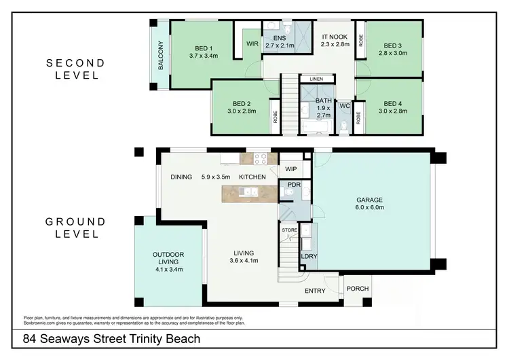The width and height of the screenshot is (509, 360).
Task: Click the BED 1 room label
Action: coord(202,49)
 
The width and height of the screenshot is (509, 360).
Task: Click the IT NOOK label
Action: coord(334,37)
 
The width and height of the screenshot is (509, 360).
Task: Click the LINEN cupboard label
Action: coord(316,79)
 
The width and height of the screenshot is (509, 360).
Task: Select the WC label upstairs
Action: coord(344,106)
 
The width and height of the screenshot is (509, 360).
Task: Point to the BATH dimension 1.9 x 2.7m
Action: coord(324,111)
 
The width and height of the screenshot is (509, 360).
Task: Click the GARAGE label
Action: coord(370,200)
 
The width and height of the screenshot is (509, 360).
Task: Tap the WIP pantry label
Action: coord(291,168)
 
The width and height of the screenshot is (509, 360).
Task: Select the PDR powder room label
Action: coord(294,185)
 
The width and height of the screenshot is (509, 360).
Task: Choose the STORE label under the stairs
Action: coord(290,231)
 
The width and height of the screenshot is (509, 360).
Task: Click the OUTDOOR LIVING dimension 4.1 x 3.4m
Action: coord(168,269)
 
